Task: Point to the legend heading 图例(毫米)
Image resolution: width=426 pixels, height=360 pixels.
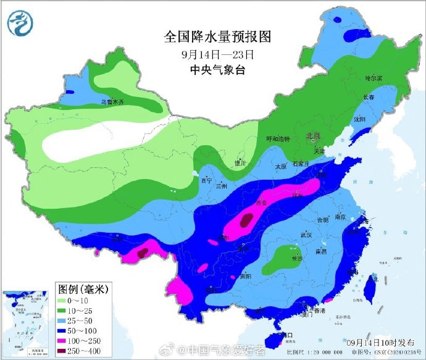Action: click(83, 288)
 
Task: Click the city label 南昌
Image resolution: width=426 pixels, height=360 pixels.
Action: click(320, 252)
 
